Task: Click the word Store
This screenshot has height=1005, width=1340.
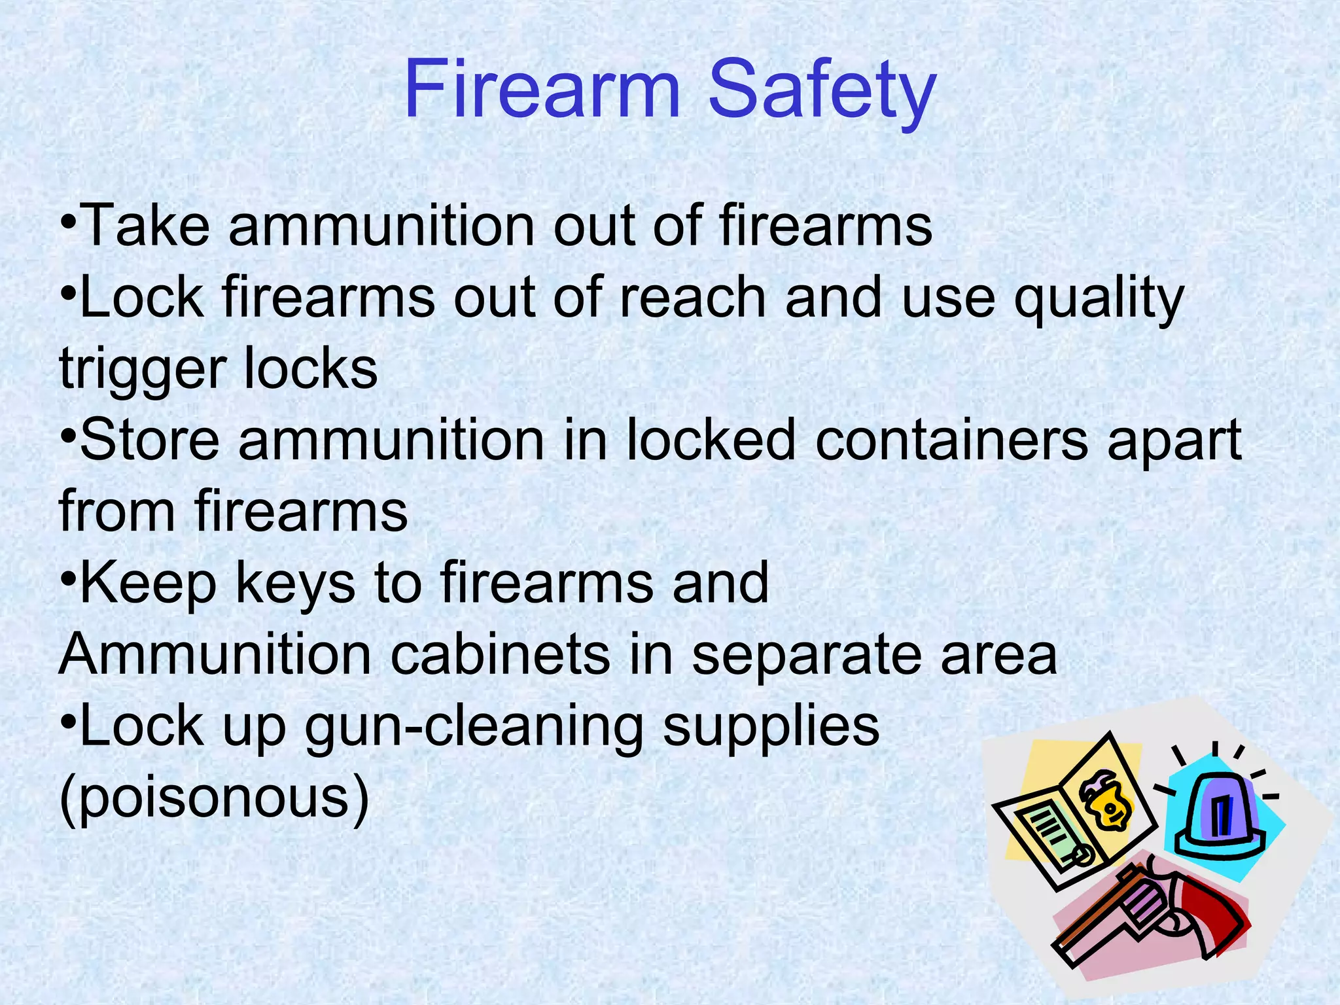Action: point(149,440)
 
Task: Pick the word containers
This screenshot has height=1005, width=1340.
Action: point(952,440)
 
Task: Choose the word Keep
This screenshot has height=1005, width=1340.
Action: point(148,584)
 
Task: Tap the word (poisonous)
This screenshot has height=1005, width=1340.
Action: point(214,800)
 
